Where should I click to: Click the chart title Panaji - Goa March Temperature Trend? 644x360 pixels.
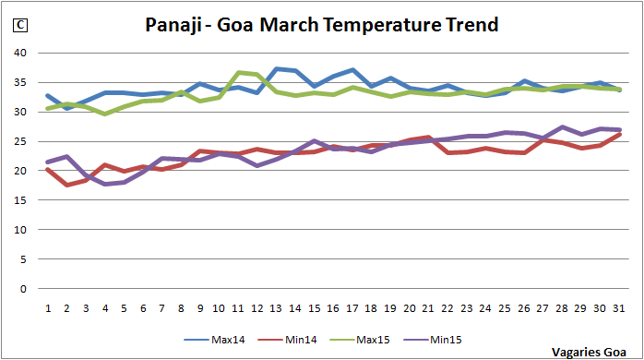(x=322, y=25)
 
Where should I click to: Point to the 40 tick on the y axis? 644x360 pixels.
(x=20, y=53)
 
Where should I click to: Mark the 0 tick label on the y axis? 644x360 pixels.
(x=23, y=288)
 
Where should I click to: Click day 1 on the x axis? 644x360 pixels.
(x=48, y=306)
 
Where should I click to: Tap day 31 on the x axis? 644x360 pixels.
(x=617, y=306)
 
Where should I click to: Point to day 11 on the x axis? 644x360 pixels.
(x=238, y=306)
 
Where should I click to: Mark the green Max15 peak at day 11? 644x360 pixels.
(x=238, y=73)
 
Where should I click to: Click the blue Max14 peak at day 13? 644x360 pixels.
(x=276, y=69)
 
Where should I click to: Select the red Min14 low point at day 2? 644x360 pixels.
(x=66, y=185)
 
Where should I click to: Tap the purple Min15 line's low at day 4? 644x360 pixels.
(x=104, y=184)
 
